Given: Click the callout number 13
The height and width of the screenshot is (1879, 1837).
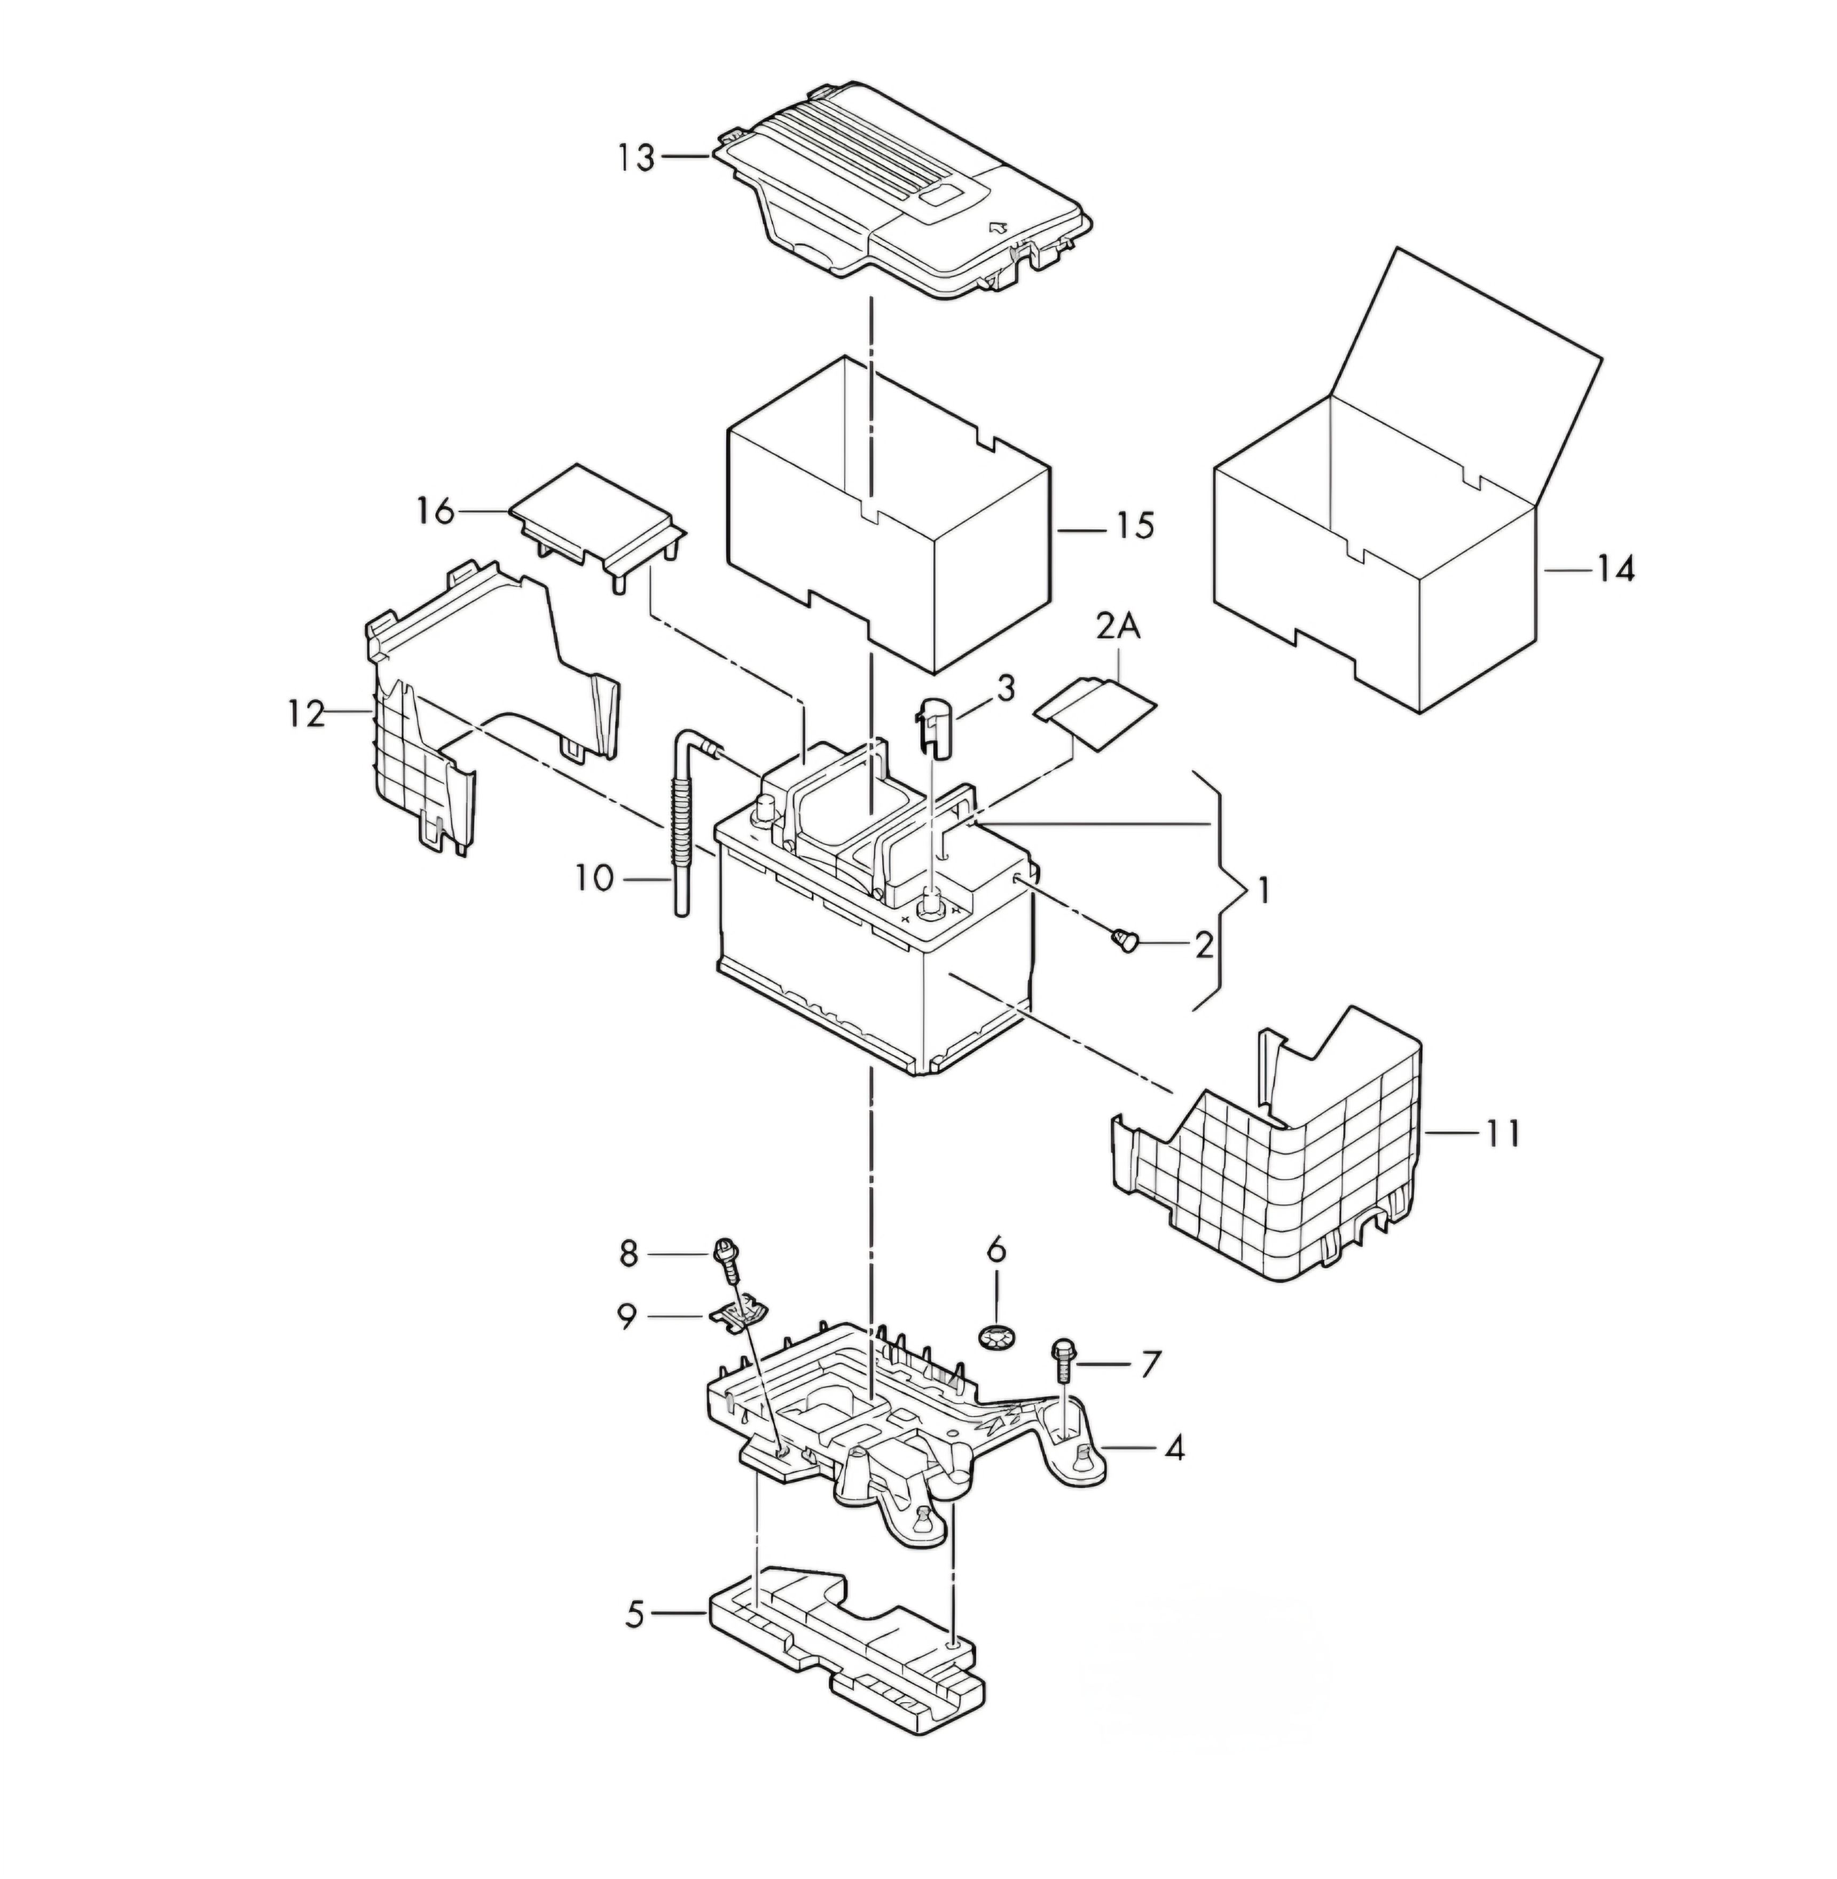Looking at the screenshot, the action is tap(637, 158).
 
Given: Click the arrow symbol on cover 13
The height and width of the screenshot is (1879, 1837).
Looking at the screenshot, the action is tap(1000, 227).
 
